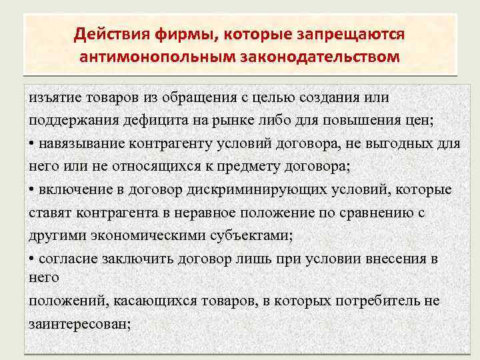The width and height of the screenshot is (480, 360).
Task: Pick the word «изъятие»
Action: [51, 98]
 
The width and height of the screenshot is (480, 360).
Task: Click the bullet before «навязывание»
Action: [32, 144]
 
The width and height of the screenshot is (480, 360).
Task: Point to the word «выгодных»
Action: [395, 144]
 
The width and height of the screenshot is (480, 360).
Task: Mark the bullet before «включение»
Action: [32, 190]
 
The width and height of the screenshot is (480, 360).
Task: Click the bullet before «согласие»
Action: [32, 259]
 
